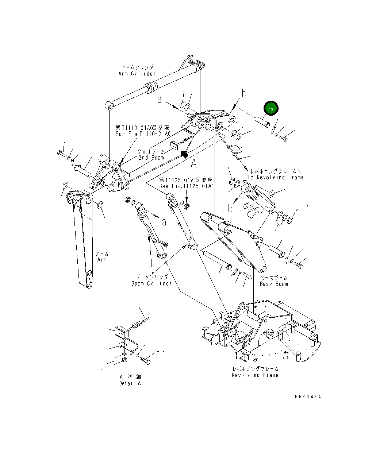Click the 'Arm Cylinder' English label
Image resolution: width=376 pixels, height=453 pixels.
137,74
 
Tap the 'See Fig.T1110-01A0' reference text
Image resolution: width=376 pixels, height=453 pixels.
143,134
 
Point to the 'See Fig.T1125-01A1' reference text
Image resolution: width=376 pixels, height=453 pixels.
186,186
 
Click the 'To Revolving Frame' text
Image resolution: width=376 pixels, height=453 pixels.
275,177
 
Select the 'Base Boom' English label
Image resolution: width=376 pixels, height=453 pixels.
274,284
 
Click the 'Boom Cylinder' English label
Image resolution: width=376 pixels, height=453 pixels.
151,283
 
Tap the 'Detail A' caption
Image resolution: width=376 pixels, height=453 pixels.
130,383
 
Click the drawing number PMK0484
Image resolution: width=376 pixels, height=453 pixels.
308,397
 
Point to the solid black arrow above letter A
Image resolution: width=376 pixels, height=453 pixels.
185,154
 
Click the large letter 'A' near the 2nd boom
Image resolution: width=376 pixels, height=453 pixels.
193,164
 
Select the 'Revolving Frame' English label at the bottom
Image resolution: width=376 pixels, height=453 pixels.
255,375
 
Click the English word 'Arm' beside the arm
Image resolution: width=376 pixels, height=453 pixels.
102,260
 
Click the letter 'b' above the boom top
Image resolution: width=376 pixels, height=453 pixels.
244,94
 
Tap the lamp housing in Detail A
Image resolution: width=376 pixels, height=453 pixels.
121,332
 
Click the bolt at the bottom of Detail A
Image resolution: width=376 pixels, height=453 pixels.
145,360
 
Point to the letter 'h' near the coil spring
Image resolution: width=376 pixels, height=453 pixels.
230,209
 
